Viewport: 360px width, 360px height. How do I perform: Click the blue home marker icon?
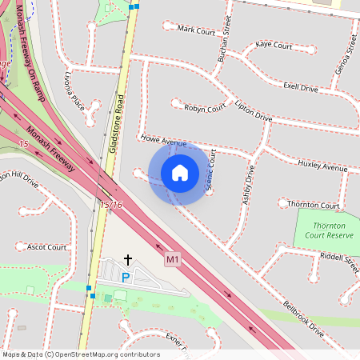coord(180,173)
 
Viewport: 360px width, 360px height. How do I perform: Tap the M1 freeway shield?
coord(173,260)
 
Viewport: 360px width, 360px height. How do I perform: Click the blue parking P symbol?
coord(125,277)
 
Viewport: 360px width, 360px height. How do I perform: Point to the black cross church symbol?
coord(127,260)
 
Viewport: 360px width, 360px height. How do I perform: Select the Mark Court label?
coord(197,30)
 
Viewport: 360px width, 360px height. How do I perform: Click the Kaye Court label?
coord(274,46)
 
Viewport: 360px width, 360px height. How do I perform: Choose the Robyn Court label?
coord(204,107)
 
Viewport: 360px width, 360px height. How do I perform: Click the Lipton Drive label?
coord(253,111)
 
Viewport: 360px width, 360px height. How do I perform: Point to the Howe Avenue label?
coord(163,141)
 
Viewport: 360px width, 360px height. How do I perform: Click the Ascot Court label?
coord(46,247)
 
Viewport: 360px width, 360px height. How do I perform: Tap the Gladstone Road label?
coord(118,116)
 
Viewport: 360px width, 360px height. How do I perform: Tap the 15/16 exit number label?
coord(112,206)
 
